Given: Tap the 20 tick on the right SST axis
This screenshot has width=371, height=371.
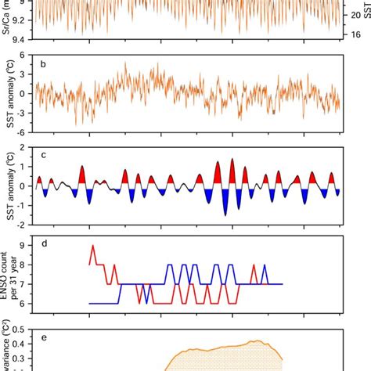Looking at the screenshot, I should click(x=355, y=15).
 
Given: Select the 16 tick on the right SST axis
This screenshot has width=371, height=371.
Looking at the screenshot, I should click(x=355, y=34).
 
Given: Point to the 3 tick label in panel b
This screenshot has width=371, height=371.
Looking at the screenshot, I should click(x=27, y=74).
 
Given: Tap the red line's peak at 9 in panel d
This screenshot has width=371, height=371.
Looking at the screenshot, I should click(x=94, y=246).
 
